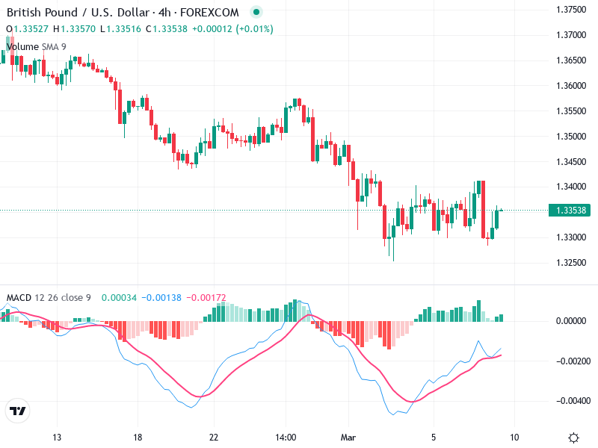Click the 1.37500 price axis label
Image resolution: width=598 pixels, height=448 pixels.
point(572,10)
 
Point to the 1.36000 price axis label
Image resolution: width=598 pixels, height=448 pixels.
point(572,86)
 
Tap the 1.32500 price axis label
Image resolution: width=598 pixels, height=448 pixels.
point(572,263)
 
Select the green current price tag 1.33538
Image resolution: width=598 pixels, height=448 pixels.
point(572,211)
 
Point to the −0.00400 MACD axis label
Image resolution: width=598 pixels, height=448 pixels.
point(570,401)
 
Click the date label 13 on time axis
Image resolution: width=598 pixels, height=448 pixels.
point(57,438)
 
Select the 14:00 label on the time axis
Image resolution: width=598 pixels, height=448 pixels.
point(286,438)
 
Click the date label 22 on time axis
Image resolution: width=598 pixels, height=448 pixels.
point(214,438)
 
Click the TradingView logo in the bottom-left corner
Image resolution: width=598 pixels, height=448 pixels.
point(17,411)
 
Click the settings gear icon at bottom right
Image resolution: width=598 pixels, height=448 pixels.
point(573,438)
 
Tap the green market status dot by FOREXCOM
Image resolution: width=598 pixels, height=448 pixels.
point(257,12)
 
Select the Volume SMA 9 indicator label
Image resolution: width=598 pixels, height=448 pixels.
point(36,46)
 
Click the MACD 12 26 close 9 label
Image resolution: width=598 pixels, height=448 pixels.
point(49,298)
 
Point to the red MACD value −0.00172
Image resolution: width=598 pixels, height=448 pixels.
point(204,298)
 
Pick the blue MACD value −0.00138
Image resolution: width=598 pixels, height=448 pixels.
point(161,298)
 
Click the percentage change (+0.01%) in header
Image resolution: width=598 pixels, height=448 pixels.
point(255,29)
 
